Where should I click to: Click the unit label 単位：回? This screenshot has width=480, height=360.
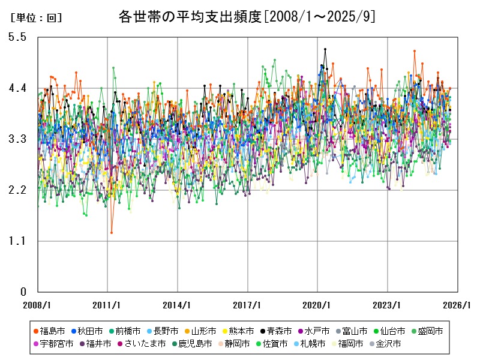tap(36, 18)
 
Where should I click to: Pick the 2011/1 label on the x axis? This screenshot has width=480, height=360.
tap(107, 305)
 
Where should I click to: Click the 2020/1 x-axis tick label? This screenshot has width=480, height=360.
tap(317, 305)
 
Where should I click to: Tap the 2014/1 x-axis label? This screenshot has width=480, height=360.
tap(178, 305)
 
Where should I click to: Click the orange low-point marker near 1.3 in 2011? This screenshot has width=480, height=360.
tap(112, 232)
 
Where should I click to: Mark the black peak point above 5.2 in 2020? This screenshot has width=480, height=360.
tap(325, 49)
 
